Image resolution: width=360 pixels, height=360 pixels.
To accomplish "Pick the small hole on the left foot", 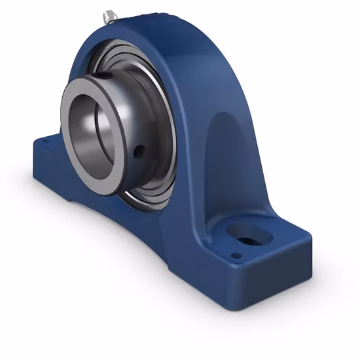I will (x=45, y=139).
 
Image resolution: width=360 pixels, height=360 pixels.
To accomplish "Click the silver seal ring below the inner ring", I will (x=141, y=196).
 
